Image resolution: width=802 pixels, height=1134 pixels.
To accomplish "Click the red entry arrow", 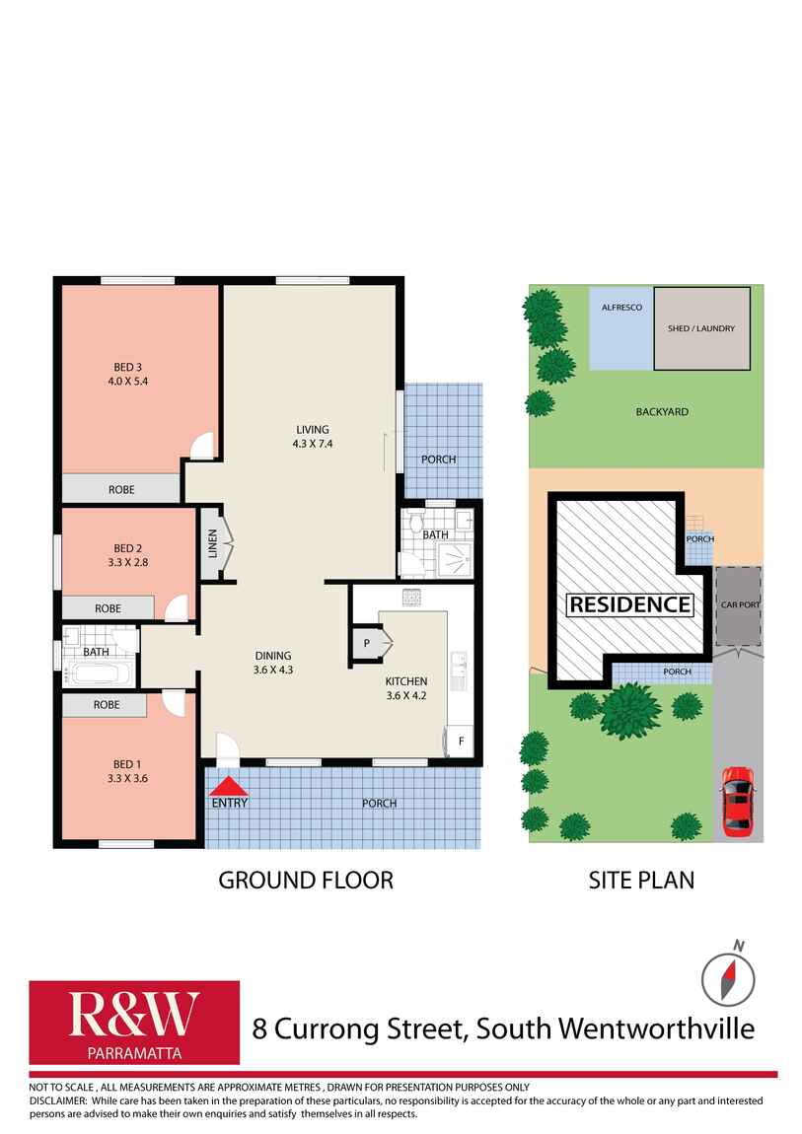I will [229, 786].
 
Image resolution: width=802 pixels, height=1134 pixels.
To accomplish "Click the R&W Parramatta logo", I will [134, 1023].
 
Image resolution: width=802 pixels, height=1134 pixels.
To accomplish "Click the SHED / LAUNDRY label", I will [701, 328].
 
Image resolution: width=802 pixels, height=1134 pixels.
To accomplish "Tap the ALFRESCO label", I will [621, 308].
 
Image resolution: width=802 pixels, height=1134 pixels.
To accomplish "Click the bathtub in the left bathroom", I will [98, 675].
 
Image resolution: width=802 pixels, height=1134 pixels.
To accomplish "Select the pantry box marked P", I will [367, 642].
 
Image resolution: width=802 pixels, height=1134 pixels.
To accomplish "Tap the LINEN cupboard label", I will [212, 541].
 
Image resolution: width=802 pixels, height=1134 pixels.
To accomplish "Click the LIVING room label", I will [312, 429].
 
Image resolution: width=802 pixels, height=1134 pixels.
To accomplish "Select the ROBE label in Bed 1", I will [107, 705].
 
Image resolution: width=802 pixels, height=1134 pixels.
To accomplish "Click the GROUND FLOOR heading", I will [305, 880].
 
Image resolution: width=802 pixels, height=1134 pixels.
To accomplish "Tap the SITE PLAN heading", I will [641, 880].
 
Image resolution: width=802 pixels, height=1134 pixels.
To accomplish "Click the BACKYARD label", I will [662, 411].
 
